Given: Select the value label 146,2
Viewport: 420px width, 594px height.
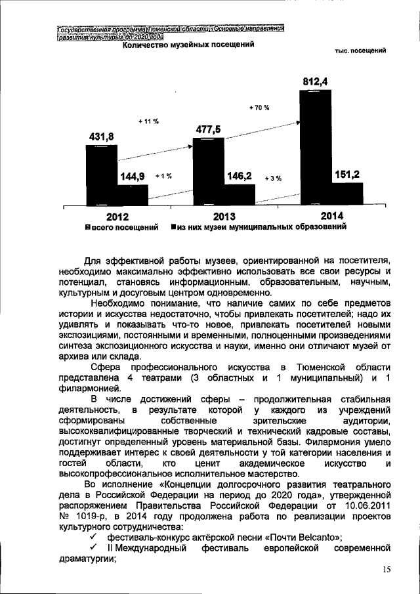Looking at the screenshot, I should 240,177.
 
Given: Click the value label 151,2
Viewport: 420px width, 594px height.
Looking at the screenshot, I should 346,174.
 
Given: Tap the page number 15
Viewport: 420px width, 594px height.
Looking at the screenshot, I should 386,571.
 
